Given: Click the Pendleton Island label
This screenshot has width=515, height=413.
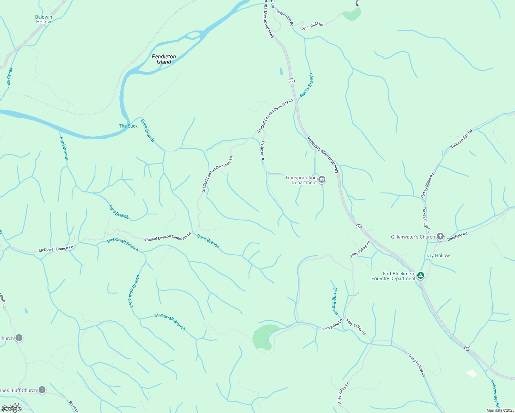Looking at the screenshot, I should [164, 59].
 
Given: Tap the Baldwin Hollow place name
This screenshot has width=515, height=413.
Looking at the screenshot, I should [43, 19].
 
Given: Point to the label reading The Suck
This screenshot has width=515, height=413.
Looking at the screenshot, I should [128, 126].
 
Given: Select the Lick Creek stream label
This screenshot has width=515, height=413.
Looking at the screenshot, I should [10, 77].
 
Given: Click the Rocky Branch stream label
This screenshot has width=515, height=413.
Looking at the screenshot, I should [306, 85].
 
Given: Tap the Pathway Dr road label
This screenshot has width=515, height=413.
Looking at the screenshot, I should [262, 151].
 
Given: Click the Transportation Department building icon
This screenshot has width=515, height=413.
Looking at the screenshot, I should [322, 180].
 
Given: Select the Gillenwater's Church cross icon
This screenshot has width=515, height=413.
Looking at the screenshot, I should [440, 236].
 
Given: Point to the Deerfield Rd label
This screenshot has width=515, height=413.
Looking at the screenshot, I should [457, 236].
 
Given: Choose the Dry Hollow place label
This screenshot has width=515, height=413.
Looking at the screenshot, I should [438, 255].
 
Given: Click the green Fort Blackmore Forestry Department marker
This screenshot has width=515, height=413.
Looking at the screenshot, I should [420, 275].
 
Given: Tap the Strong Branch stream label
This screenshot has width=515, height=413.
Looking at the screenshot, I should [335, 301].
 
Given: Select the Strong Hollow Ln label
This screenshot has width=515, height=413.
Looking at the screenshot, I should [417, 364].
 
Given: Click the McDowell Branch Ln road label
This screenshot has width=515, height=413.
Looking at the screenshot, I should [56, 248].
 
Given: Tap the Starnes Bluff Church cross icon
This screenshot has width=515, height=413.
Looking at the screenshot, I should [42, 390].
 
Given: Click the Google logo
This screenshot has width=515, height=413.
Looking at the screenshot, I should [11, 409].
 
